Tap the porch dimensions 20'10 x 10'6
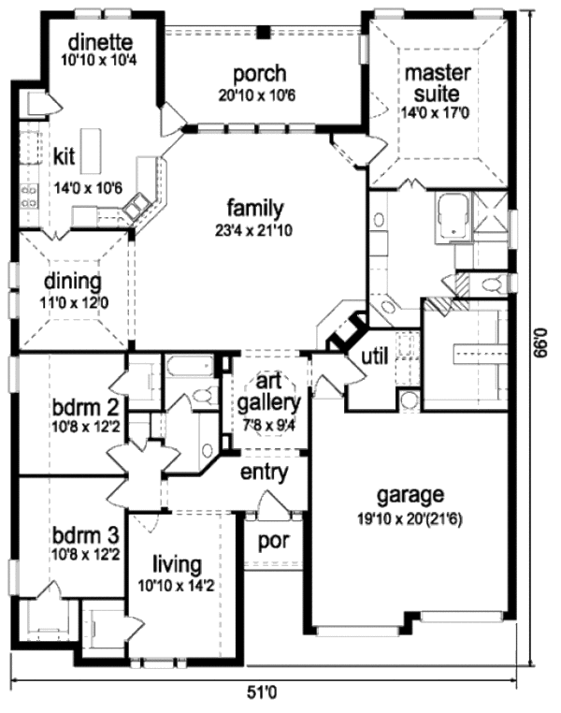pos(247,95)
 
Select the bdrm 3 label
pos(84,535)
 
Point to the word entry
pos(264,473)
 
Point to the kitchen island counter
pos(90,151)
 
